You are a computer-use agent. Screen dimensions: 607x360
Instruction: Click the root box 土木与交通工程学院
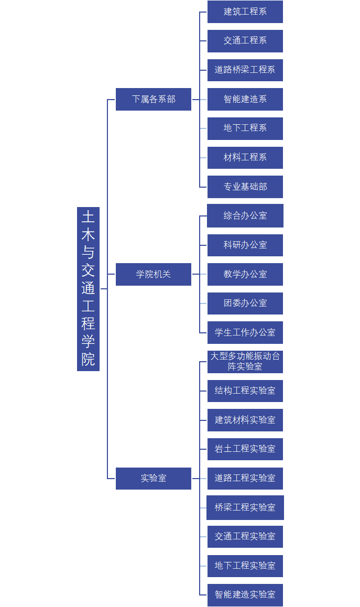tap(88, 288)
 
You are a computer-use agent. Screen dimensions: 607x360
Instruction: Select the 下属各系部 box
tap(154, 99)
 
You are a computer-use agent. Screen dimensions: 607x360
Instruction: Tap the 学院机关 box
tap(154, 274)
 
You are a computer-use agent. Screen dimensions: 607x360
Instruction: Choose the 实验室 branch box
tap(154, 478)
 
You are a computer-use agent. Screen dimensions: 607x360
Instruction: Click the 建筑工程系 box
tap(245, 12)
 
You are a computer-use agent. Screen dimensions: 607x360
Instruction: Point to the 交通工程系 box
tap(245, 41)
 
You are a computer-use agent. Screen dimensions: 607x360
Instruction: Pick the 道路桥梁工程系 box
tap(245, 70)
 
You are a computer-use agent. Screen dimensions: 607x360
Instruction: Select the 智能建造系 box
tap(245, 99)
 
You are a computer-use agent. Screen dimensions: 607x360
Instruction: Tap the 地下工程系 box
tap(245, 128)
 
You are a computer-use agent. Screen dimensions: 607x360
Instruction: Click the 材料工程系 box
tap(245, 157)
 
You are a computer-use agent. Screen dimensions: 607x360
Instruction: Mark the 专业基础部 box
tap(245, 187)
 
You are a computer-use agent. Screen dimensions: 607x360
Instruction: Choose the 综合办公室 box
tap(245, 215)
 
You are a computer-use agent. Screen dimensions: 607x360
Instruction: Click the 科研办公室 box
tap(245, 245)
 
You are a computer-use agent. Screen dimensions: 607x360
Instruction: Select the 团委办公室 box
tap(245, 303)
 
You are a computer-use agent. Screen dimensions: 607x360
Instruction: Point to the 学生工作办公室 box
tap(245, 332)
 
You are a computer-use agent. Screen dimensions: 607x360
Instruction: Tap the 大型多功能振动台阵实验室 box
tap(245, 362)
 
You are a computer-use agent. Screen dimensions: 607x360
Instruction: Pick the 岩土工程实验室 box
tap(245, 449)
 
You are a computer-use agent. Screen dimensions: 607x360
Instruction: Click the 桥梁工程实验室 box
tap(245, 507)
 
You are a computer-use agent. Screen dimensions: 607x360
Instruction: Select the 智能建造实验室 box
tap(245, 594)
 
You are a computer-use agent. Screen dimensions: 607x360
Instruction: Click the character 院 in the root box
tap(88, 360)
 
